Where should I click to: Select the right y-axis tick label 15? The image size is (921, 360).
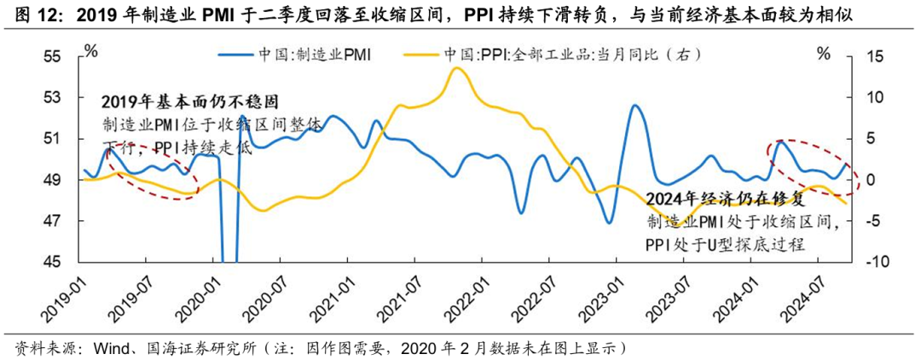pos(877,56)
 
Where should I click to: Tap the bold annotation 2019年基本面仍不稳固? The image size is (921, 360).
pos(191,103)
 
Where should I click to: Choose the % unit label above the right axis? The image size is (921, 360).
pos(823,54)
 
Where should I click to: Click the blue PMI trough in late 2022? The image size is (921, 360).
pos(609,223)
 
